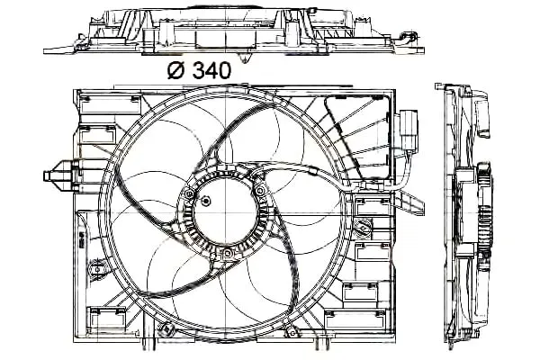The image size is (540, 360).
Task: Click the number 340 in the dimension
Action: (211, 70)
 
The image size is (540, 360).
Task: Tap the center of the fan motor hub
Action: (225, 211)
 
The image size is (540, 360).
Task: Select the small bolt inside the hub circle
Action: (206, 201)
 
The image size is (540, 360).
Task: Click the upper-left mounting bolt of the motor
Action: (189, 194)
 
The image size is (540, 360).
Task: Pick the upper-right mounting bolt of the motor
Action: (260, 190)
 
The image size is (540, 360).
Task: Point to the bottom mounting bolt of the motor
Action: (228, 254)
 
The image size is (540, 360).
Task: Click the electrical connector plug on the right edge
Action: (409, 130)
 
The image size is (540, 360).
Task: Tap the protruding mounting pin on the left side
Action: (58, 175)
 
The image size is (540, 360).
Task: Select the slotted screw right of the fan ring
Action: (363, 227)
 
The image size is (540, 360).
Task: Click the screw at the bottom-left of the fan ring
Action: (167, 329)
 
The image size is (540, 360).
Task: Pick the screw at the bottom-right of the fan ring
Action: (292, 333)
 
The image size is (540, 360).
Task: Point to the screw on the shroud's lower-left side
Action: (97, 269)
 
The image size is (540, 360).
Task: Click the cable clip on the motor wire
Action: (312, 170)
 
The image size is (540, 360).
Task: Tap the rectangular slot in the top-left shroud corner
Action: (110, 105)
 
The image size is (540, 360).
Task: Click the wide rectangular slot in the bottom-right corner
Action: (355, 319)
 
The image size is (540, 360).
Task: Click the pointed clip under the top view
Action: (245, 58)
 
